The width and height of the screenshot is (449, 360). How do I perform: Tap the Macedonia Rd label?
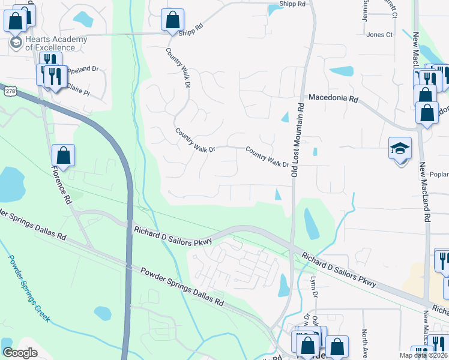[x=333, y=97]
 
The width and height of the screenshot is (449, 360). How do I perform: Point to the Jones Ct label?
[x=379, y=35]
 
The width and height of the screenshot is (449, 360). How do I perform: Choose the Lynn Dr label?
[x=313, y=287]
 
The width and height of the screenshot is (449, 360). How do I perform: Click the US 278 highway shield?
[x=10, y=91]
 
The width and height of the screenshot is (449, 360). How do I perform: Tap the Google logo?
[x=20, y=352]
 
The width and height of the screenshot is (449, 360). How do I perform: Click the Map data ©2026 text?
[x=423, y=355]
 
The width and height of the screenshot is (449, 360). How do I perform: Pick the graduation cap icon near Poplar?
[x=400, y=149]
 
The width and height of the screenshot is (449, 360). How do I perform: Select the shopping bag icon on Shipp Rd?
[x=172, y=20]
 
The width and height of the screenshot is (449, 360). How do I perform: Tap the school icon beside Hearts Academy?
[x=15, y=43]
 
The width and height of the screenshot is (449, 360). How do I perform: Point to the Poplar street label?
[x=439, y=175]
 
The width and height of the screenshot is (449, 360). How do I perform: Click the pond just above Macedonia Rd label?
[x=342, y=71]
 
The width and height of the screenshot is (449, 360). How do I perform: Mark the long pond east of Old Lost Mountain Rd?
[x=312, y=223]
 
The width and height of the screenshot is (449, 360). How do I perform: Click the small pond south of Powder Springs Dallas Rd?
[x=103, y=313]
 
